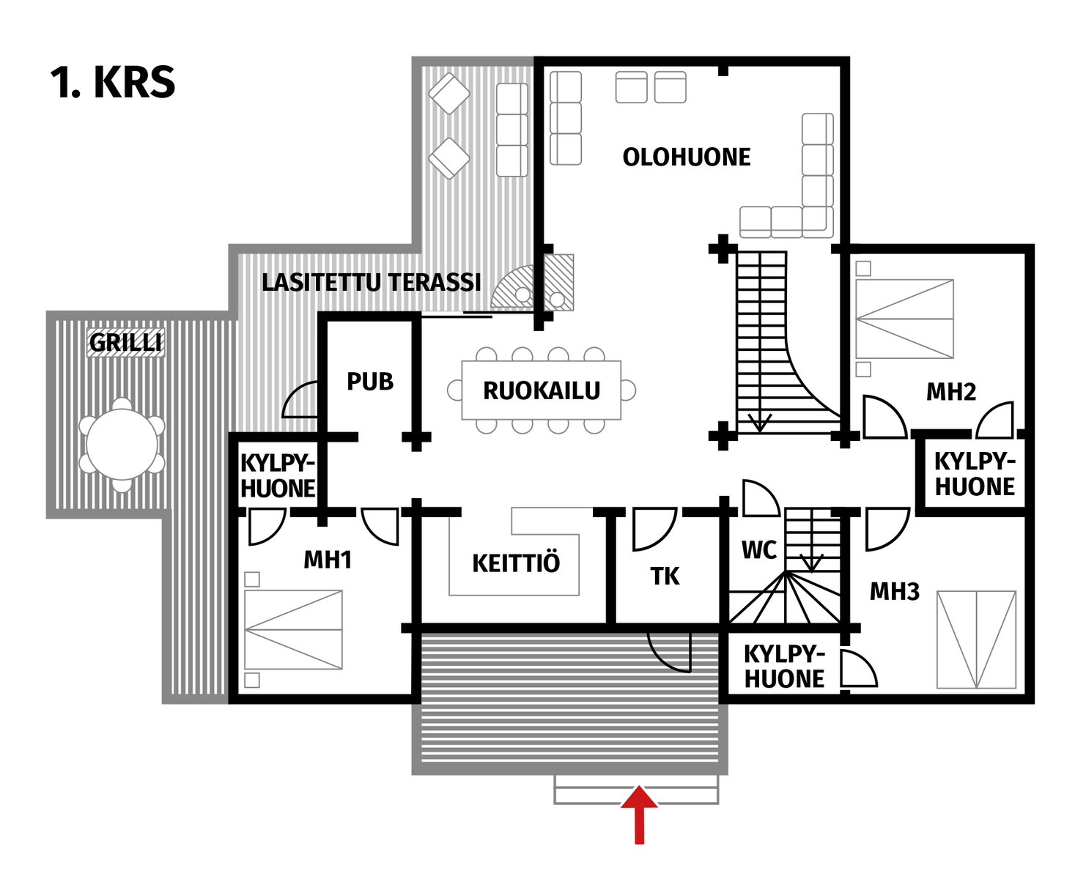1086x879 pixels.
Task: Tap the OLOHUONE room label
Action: (687, 157)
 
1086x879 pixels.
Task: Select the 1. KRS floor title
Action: (113, 82)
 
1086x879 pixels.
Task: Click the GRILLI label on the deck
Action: (125, 342)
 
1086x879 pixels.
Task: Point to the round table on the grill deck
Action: (122, 445)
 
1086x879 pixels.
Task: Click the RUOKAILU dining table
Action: (542, 390)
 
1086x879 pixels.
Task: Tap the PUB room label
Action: (370, 382)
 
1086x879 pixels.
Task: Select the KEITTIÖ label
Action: (516, 563)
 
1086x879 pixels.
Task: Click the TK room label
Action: (665, 576)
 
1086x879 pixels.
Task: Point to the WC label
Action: (758, 550)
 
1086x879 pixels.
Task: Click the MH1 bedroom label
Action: (328, 560)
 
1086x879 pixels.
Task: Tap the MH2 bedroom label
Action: (951, 392)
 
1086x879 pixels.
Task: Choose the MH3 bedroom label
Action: (894, 591)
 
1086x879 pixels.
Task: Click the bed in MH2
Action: (904, 319)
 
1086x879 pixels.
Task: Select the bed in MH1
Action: (293, 629)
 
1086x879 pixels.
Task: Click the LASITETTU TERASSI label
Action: (371, 282)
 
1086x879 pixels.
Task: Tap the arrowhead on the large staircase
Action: (759, 423)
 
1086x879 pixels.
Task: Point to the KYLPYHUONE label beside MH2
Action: (975, 474)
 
